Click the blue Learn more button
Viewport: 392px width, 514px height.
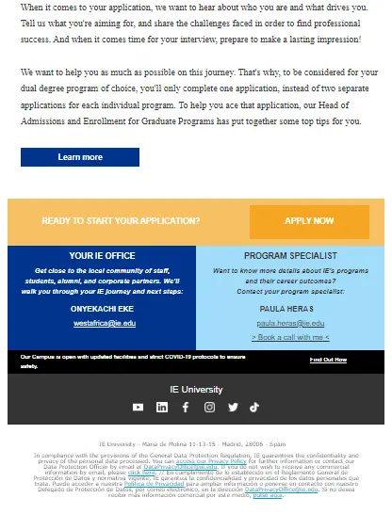pyautogui.click(x=80, y=157)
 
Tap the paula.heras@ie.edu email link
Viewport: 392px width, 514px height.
pyautogui.click(x=290, y=323)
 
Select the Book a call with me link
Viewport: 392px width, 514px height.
pyautogui.click(x=290, y=337)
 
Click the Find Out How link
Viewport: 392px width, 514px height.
pyautogui.click(x=328, y=360)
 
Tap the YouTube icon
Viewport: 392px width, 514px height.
pyautogui.click(x=139, y=407)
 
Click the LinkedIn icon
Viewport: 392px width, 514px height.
pyautogui.click(x=162, y=407)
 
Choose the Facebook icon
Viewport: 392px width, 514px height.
pyautogui.click(x=186, y=407)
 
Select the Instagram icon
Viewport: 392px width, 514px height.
pyautogui.click(x=209, y=407)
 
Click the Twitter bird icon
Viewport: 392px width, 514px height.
pyautogui.click(x=233, y=407)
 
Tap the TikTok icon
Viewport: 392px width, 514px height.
pyautogui.click(x=254, y=407)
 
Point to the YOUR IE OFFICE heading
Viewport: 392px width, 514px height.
pyautogui.click(x=101, y=256)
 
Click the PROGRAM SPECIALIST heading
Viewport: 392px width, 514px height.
pyautogui.click(x=290, y=256)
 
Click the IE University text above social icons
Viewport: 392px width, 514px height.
pyautogui.click(x=196, y=389)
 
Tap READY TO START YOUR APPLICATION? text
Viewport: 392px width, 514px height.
pyautogui.click(x=121, y=221)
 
